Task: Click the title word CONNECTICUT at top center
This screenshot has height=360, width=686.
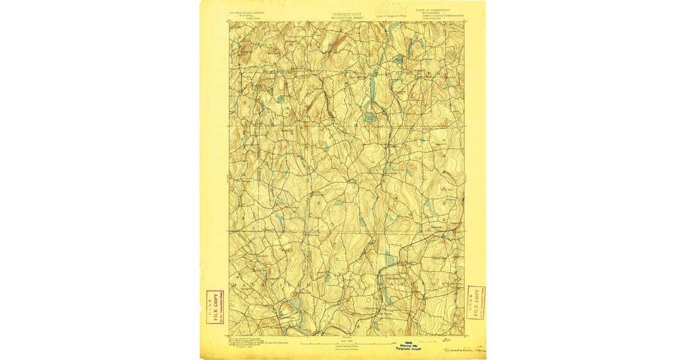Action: [x=346, y=14]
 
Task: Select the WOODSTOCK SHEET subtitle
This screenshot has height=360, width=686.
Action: [x=346, y=18]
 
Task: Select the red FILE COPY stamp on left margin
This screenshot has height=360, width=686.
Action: [x=215, y=307]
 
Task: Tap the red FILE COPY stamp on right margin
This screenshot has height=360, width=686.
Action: [x=476, y=302]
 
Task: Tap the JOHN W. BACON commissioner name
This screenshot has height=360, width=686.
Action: [x=433, y=18]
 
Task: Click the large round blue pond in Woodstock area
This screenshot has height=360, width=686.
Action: [x=370, y=117]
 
